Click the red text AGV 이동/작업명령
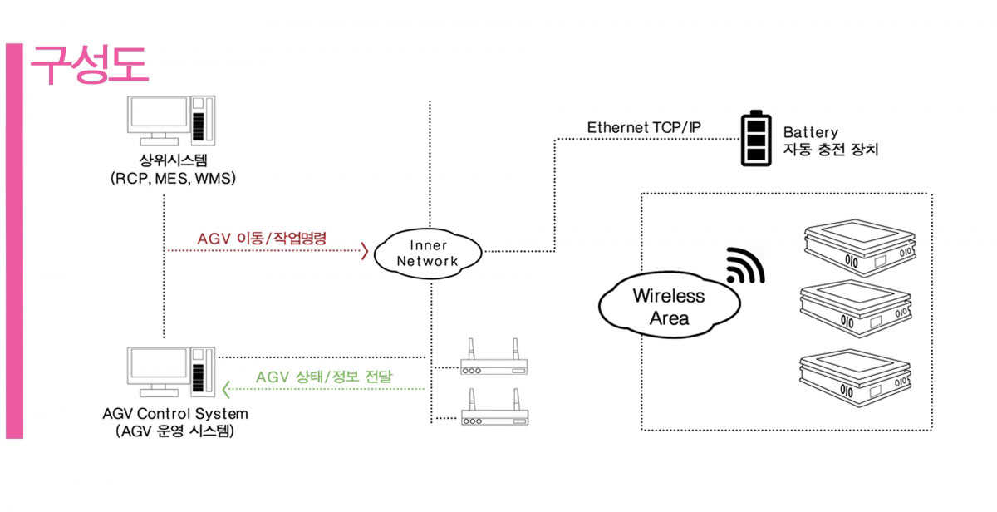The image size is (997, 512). point(263,238)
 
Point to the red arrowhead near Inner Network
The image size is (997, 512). point(364,250)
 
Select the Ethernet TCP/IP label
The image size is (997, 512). point(644,127)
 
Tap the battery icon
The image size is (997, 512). point(756,139)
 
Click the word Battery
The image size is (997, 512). point(811,132)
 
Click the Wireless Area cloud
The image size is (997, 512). point(668,306)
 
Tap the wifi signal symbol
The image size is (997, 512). point(745,266)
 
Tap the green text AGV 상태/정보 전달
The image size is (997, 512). point(325,377)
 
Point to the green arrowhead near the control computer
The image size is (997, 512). point(227,387)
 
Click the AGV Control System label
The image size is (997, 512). point(175,413)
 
